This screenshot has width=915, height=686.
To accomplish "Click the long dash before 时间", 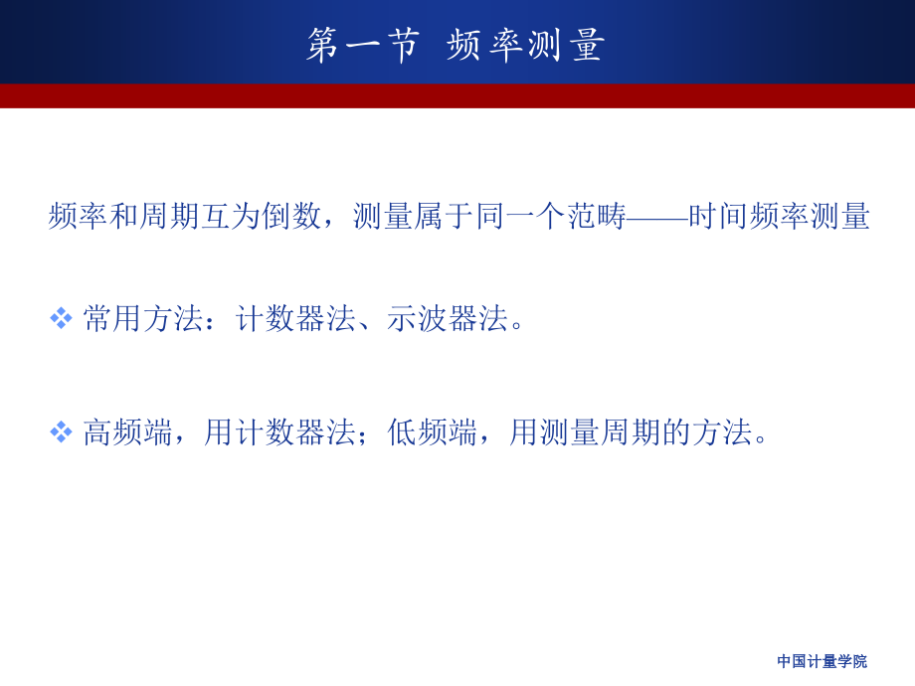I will [x=657, y=217].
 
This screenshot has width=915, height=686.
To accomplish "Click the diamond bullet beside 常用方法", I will [x=61, y=318].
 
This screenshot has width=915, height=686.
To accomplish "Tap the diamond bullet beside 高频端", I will [x=61, y=431].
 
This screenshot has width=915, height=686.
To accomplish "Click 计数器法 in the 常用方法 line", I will [x=295, y=319].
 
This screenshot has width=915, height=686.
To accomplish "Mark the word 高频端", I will [x=127, y=432].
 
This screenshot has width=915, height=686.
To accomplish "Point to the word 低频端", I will [x=432, y=432].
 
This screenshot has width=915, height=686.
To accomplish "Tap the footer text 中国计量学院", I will [x=822, y=661].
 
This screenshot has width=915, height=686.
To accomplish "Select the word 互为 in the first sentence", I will [x=231, y=217].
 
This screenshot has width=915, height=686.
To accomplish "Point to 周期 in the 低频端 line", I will [x=631, y=432].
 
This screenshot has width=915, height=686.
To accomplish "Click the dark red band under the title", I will [x=457, y=95].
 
